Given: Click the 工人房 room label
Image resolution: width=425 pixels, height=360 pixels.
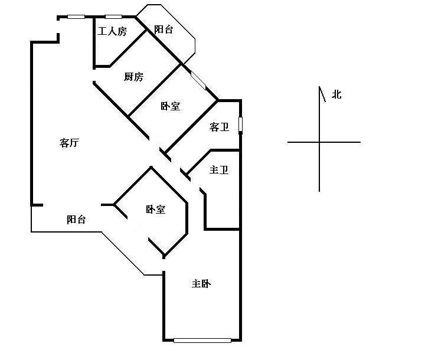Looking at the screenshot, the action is (x=112, y=31).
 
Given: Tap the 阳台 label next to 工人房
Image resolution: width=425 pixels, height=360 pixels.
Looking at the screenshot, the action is (x=164, y=30).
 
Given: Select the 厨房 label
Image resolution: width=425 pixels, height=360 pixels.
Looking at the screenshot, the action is (x=133, y=77).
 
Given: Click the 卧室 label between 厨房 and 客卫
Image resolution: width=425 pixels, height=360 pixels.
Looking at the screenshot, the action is (x=171, y=106).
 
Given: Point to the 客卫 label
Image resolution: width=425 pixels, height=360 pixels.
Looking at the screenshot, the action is (x=219, y=127).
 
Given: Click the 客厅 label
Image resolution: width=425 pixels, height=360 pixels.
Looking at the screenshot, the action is (x=70, y=143).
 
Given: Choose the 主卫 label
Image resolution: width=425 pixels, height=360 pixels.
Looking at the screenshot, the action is (x=219, y=170).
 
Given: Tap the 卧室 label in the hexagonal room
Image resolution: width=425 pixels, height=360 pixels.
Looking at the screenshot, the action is (x=156, y=210).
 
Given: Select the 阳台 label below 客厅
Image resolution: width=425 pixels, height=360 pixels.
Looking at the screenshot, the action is (x=76, y=220).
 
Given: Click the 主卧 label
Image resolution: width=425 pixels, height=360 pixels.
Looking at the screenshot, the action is (x=201, y=284).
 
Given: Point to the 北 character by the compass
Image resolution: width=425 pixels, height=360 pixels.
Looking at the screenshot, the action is (x=336, y=94).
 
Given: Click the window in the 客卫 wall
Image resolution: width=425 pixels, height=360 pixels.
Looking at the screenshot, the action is (x=240, y=126).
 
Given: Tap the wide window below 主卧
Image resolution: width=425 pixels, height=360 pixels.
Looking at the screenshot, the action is (x=202, y=341).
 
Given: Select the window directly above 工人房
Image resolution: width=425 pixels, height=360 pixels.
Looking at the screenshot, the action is (x=113, y=17).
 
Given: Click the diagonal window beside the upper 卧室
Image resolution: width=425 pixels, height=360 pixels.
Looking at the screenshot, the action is (x=198, y=80).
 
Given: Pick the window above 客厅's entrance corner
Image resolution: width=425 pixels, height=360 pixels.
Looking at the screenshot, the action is (x=76, y=17).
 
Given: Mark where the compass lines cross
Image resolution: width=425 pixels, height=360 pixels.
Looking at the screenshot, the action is (x=319, y=142).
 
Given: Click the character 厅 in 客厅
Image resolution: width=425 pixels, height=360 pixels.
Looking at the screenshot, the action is (x=74, y=143).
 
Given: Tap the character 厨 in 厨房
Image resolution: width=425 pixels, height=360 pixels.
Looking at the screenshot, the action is (x=129, y=77).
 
